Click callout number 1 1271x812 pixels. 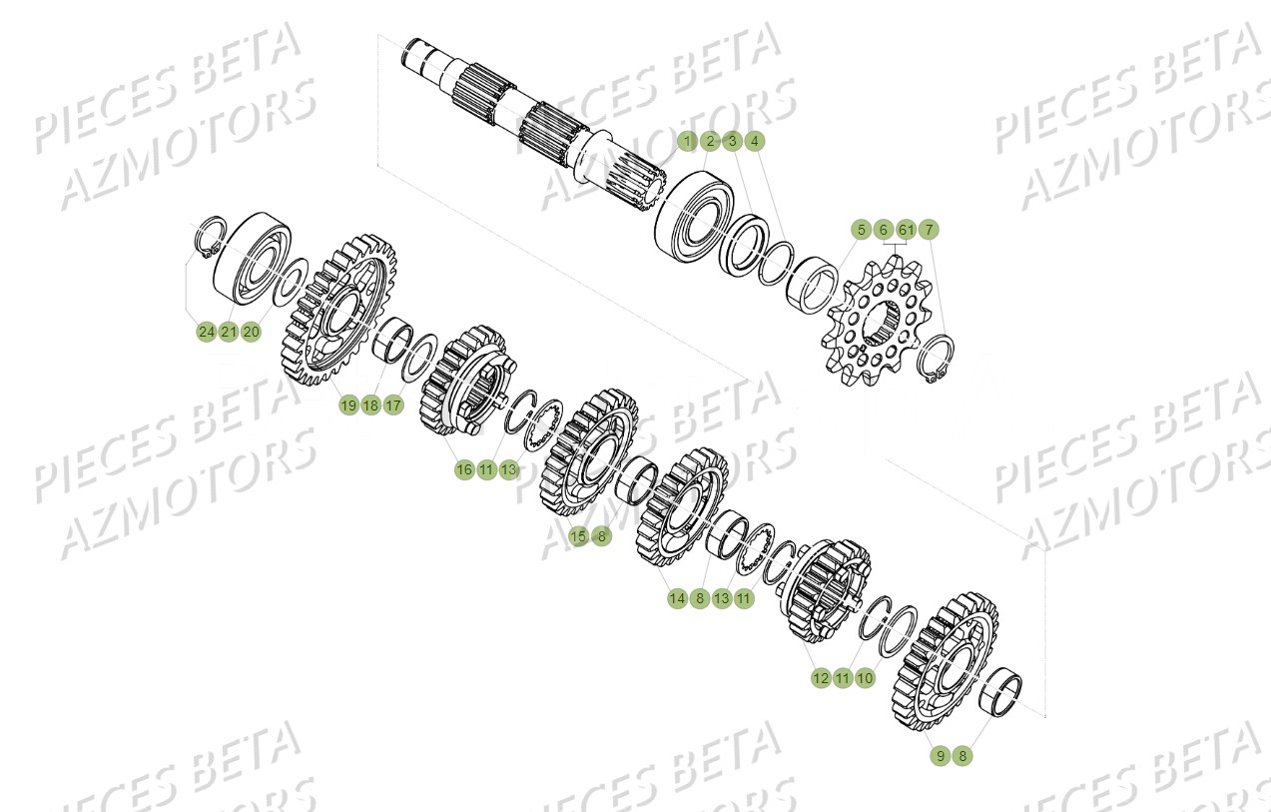(687, 142)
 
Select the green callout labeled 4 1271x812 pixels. (755, 142)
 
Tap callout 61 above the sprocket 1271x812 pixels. (906, 230)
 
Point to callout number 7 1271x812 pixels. (929, 230)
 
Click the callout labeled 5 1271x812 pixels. (861, 230)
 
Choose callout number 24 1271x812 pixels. (206, 331)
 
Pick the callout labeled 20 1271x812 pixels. (251, 331)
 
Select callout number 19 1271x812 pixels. (348, 405)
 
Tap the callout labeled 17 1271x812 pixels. (393, 405)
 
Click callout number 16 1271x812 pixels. (464, 468)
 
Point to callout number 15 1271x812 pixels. (578, 536)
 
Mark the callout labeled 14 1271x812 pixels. (677, 598)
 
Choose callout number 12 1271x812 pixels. (820, 678)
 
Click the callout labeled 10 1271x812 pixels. (865, 678)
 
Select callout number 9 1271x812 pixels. (940, 756)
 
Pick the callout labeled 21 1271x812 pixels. (229, 331)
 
